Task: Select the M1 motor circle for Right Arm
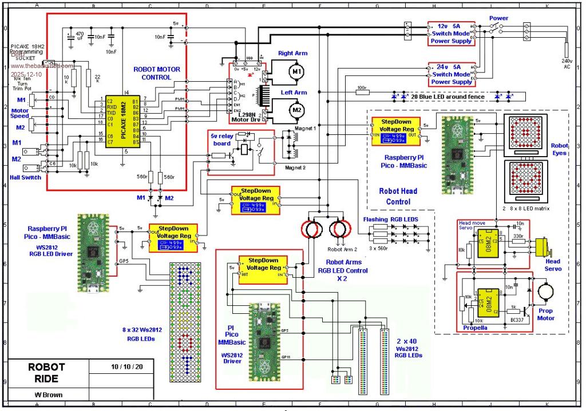(295, 71)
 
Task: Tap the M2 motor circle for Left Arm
(296, 109)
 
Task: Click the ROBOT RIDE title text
(46, 372)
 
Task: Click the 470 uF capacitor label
(80, 37)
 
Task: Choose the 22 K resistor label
(97, 78)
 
